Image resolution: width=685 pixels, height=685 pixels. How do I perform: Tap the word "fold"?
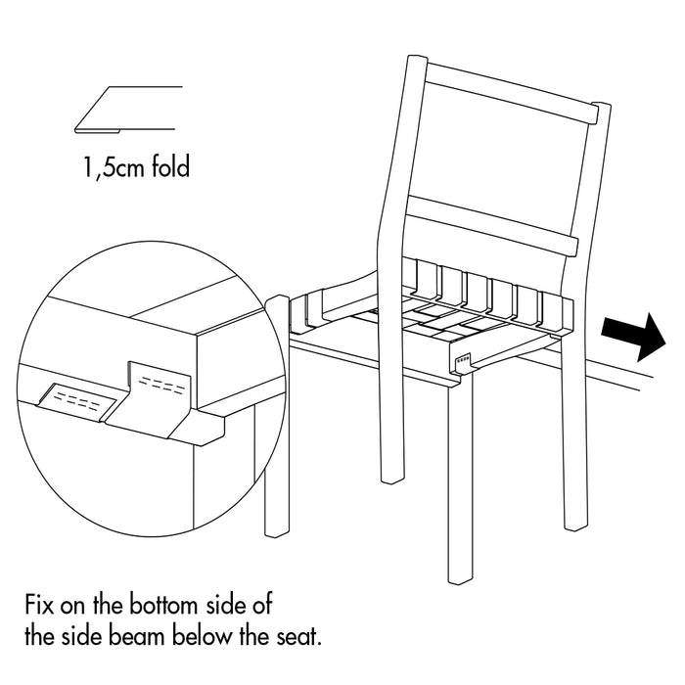click(171, 166)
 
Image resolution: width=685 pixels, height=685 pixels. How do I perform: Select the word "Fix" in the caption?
click(39, 605)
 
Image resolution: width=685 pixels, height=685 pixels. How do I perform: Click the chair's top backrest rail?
click(510, 93)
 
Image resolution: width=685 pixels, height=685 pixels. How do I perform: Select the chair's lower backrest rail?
click(492, 226)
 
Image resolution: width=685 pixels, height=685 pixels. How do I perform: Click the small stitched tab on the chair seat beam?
click(462, 361)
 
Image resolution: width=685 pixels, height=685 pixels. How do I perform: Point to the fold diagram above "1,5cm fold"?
click(128, 110)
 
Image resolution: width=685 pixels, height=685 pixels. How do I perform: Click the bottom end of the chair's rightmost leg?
click(576, 527)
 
